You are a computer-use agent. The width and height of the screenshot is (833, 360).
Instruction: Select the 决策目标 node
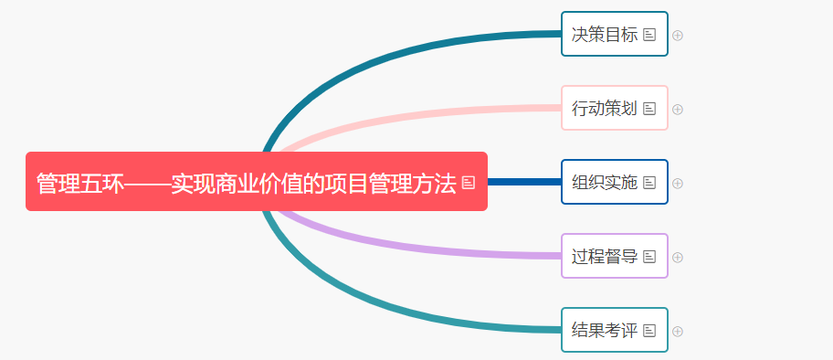604,35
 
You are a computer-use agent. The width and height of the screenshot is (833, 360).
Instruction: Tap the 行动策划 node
604,109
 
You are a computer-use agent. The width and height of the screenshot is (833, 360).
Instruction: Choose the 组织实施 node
604,182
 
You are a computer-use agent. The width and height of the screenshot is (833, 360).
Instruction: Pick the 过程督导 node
604,257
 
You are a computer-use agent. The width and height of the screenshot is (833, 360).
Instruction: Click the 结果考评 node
604,331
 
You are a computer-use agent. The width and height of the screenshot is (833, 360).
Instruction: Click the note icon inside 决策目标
649,35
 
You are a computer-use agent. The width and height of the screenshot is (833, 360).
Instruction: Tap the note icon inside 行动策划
649,109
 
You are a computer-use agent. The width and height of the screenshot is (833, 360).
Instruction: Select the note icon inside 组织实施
649,183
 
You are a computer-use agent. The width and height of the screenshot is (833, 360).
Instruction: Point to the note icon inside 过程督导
649,257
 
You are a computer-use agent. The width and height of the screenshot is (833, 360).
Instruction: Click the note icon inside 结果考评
649,331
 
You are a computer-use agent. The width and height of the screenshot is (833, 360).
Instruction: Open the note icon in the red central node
469,183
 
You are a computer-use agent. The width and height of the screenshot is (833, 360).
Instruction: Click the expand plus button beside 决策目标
678,36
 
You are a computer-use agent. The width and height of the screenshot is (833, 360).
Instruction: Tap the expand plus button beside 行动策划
678,110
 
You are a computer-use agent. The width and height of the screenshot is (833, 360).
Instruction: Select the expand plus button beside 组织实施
678,183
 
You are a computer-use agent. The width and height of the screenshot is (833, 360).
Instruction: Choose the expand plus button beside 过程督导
678,257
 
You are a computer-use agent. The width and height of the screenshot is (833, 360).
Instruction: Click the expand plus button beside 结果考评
678,331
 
